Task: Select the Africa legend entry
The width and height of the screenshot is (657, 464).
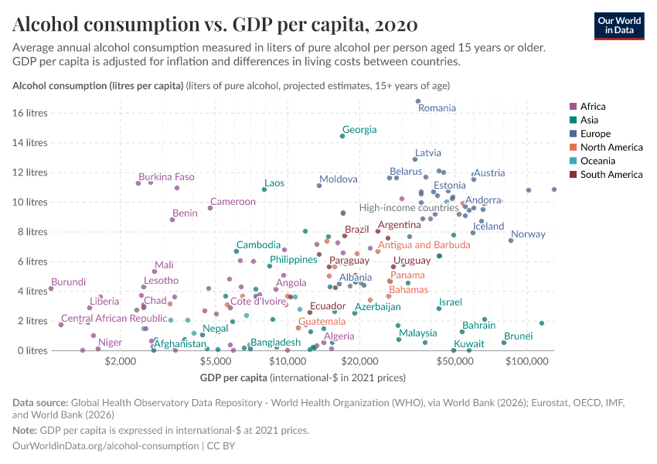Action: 593,107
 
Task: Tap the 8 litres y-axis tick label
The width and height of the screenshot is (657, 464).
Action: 32,232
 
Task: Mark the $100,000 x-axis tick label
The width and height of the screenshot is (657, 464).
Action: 527,361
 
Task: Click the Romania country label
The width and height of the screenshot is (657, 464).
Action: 437,108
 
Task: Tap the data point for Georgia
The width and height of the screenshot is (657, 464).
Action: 342,136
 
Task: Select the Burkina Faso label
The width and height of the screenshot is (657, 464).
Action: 166,177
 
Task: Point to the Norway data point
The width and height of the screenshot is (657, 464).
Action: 511,241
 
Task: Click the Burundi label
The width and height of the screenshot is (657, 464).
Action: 69,282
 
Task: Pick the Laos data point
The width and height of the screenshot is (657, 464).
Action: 264,189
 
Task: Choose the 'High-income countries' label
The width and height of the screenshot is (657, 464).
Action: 409,208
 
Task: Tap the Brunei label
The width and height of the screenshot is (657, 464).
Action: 518,336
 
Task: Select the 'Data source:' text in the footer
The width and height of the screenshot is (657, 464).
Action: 40,403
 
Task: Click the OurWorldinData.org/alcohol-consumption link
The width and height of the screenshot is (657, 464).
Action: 105,446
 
